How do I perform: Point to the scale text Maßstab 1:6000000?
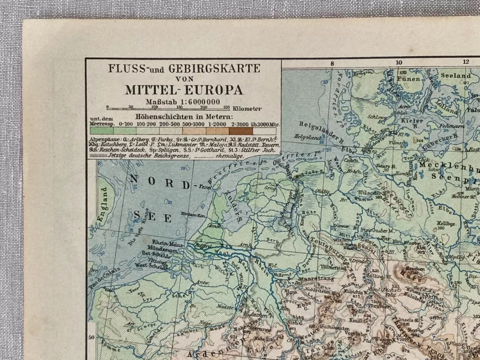click(183, 101)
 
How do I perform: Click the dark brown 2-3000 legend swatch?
click(241, 130)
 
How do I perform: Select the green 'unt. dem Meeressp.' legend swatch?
click(101, 130)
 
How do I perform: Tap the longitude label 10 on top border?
click(399, 63)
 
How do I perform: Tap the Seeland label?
click(455, 76)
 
